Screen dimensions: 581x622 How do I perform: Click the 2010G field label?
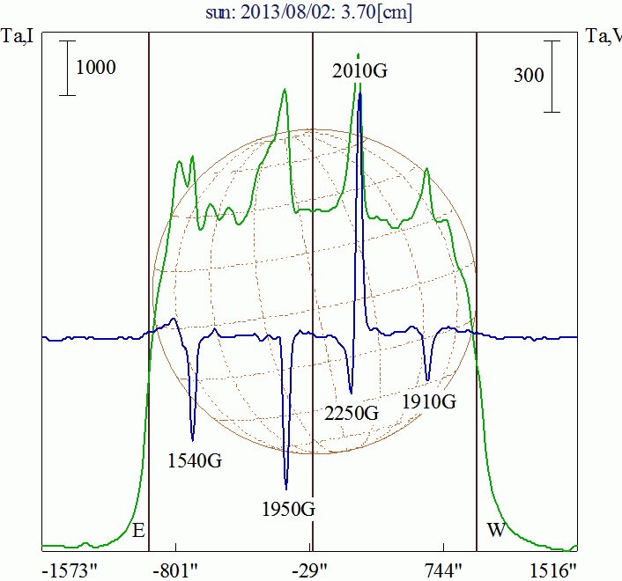(359, 70)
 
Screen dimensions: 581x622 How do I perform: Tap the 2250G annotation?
(351, 413)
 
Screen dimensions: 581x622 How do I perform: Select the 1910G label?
(429, 401)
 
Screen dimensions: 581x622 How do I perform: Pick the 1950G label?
(289, 508)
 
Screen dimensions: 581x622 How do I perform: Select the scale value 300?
(529, 76)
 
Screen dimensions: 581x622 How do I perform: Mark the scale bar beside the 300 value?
(552, 76)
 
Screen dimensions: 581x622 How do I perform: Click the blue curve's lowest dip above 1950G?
(286, 487)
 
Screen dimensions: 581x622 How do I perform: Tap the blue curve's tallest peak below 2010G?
(360, 95)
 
